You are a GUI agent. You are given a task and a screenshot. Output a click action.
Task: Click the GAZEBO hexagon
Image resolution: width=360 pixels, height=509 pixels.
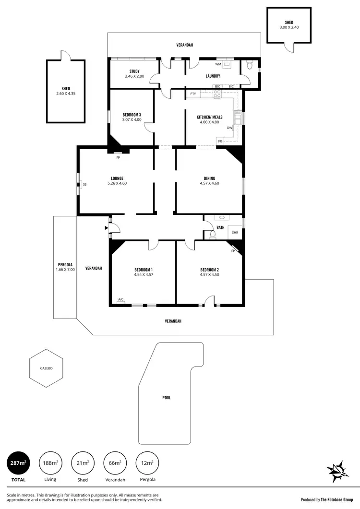tap(46, 368)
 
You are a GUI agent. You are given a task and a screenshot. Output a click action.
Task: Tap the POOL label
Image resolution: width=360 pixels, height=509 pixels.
tap(166, 398)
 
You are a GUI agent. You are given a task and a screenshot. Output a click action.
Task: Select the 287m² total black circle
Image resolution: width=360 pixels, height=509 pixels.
tap(18, 464)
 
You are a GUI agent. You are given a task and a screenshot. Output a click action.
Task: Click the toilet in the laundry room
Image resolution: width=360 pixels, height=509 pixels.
tap(249, 67)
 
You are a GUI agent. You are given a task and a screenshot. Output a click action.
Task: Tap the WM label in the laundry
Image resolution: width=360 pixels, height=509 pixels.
tap(218, 64)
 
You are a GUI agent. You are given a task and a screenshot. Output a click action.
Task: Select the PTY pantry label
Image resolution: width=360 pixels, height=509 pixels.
tap(193, 94)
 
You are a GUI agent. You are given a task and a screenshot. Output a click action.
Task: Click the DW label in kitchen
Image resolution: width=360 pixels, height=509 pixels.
tap(229, 128)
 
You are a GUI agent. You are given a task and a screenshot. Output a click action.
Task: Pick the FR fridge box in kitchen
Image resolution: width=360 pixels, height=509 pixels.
tap(220, 141)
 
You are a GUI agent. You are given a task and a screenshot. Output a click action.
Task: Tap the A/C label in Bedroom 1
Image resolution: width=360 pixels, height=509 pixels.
tap(120, 300)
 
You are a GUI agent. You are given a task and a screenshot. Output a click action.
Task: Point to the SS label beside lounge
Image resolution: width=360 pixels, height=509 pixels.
tap(84, 184)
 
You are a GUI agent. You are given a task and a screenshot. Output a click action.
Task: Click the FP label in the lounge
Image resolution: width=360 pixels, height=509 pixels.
tap(118, 157)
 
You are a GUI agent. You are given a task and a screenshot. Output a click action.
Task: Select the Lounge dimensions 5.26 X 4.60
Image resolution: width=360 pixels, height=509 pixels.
tap(117, 183)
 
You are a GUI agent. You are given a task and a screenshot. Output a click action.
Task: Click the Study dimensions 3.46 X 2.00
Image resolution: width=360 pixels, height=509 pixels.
tap(134, 76)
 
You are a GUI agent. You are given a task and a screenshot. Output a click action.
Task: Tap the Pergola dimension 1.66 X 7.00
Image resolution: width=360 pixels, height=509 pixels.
tap(65, 270)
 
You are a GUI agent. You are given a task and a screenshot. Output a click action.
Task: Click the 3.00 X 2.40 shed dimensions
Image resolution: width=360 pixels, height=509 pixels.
tap(289, 27)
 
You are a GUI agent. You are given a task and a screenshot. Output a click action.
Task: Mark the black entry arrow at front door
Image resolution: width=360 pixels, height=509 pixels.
tap(106, 228)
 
